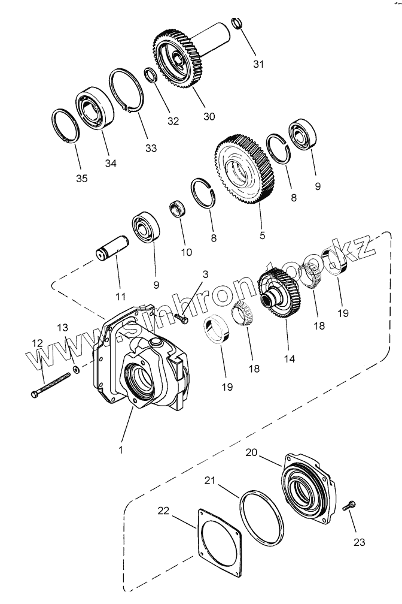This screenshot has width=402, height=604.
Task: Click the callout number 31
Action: tap(257, 64)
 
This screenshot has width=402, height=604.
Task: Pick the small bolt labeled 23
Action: tap(349, 506)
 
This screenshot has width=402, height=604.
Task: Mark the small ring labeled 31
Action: tap(237, 25)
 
